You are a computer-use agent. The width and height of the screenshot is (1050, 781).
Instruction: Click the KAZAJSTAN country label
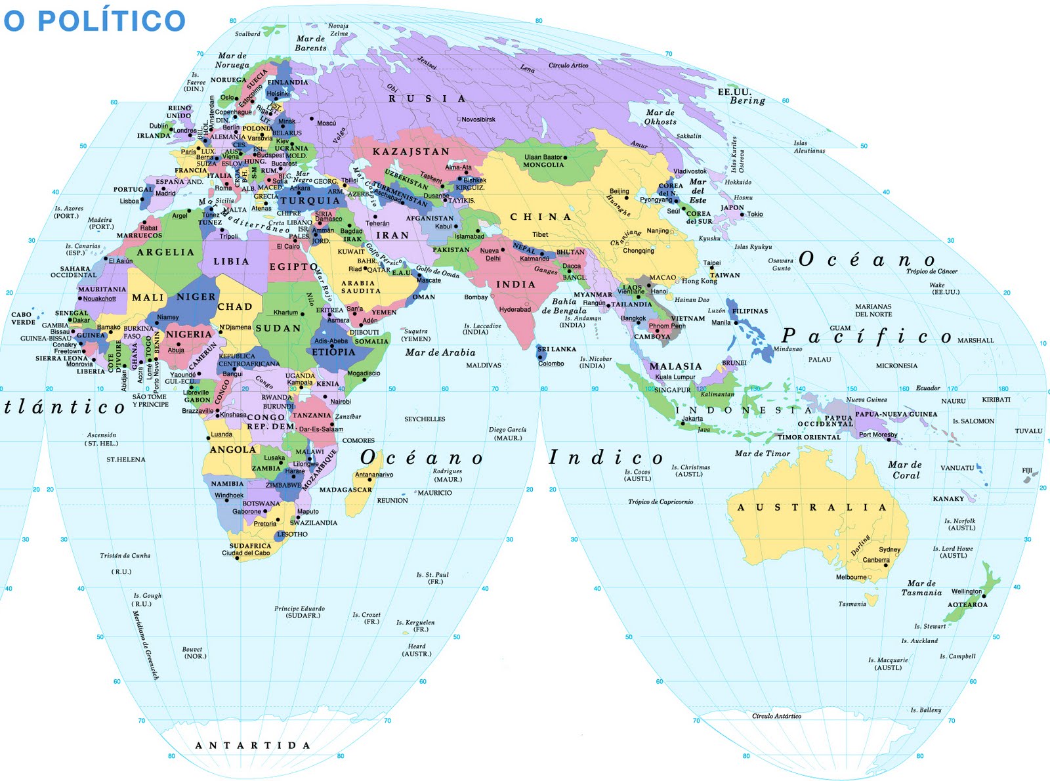click(x=411, y=152)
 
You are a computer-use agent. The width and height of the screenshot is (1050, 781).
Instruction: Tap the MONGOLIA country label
click(x=543, y=165)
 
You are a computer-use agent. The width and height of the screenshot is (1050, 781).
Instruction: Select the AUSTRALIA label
click(x=812, y=507)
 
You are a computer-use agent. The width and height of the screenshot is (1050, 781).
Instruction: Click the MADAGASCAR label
click(x=345, y=490)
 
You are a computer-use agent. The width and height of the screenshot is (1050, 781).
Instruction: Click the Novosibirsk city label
click(x=478, y=119)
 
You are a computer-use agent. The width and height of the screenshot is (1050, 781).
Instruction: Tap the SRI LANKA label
click(x=556, y=349)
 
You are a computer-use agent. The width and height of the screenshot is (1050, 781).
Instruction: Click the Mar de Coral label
click(x=905, y=470)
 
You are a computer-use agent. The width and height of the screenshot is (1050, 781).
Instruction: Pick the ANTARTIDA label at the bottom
click(x=253, y=746)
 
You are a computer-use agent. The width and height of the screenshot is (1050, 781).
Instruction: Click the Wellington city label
click(x=967, y=591)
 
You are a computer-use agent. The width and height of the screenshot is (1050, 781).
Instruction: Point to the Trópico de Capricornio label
click(x=660, y=502)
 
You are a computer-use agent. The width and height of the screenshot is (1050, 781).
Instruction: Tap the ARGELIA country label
click(x=165, y=252)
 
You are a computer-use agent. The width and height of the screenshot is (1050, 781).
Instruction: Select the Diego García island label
click(x=507, y=433)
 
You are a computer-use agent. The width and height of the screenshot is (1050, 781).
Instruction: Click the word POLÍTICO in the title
click(x=112, y=20)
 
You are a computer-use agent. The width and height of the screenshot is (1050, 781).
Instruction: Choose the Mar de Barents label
click(x=310, y=43)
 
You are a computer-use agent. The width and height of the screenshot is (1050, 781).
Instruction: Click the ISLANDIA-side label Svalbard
click(x=247, y=33)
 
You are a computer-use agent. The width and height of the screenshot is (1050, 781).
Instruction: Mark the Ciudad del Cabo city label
click(x=245, y=553)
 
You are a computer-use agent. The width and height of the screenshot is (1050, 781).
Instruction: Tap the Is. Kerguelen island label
click(x=415, y=625)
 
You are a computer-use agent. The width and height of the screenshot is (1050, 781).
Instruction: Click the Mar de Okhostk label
click(x=660, y=117)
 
